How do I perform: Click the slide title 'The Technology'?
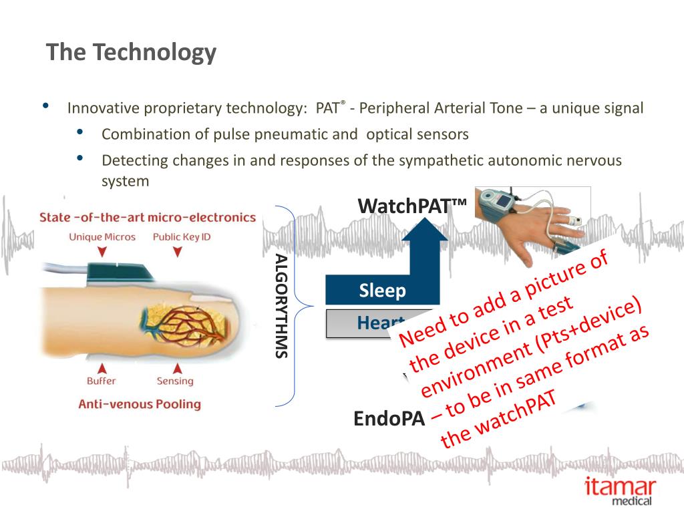tap(131, 52)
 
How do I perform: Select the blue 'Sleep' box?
tap(382, 291)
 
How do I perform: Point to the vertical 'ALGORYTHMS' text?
tap(281, 307)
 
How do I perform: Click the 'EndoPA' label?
tap(389, 419)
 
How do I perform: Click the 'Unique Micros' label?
tap(102, 236)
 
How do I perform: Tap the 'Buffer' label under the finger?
tap(101, 381)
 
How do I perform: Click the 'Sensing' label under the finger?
tap(175, 381)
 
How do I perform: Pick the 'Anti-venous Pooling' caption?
tap(140, 403)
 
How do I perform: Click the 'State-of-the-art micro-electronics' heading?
tap(148, 217)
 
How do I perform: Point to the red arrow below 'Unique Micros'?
tap(102, 252)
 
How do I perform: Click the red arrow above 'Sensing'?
tap(177, 367)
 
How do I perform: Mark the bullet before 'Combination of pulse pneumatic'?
tap(80, 132)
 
